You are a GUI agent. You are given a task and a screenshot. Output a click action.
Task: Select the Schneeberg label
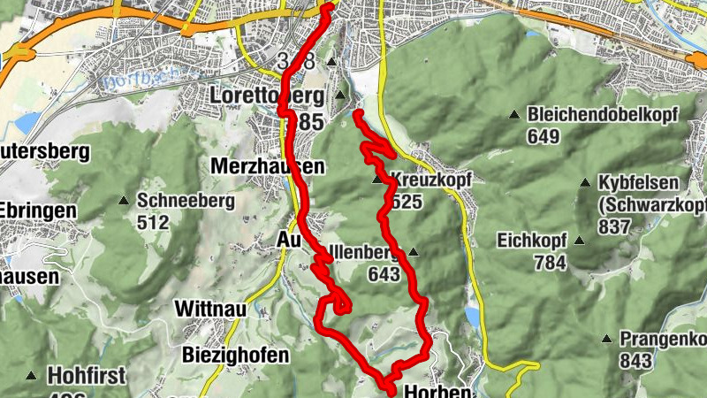point(186,201)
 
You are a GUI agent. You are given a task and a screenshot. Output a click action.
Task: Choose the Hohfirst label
point(82,374)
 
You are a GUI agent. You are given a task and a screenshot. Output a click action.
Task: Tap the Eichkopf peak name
point(535,239)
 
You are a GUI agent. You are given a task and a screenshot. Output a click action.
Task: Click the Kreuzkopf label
point(430,180)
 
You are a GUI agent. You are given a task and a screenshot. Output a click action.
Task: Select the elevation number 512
point(153,222)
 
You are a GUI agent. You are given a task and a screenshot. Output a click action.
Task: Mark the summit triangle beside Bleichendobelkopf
point(513,115)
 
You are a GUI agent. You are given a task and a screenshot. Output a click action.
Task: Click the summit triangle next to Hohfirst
point(32,375)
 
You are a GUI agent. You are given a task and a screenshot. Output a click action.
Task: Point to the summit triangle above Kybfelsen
point(584,183)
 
